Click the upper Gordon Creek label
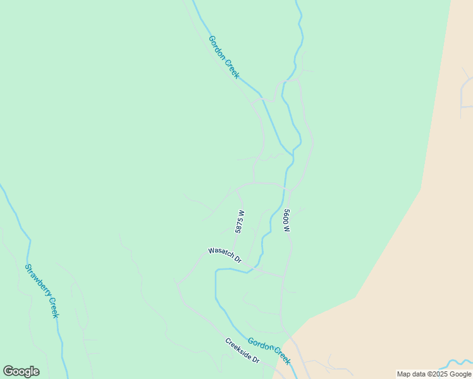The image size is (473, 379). (x=224, y=57)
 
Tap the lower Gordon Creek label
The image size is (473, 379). (x=269, y=351)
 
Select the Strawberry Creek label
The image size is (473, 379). (x=42, y=291)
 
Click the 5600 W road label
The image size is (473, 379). (x=286, y=220)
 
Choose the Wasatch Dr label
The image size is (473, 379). (x=225, y=255)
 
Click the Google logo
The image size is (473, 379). (x=21, y=371)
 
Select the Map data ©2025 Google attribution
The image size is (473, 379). (x=434, y=374)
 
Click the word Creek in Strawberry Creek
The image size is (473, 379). (x=52, y=308)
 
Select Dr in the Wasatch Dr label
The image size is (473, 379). (x=237, y=259)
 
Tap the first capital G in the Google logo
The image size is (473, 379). (x=8, y=371)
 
